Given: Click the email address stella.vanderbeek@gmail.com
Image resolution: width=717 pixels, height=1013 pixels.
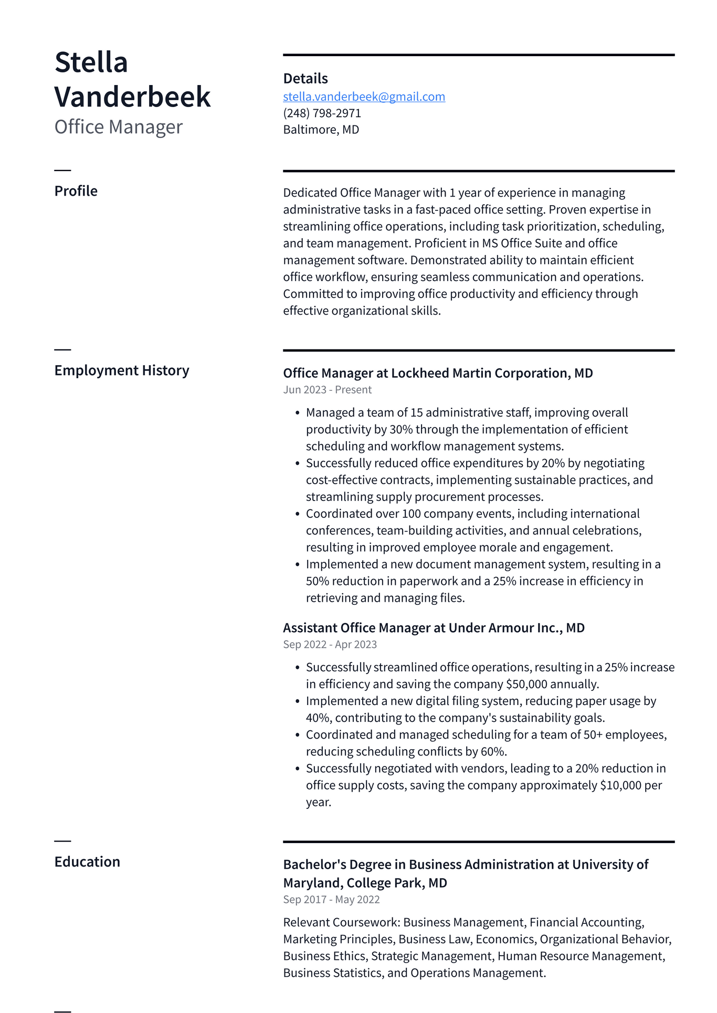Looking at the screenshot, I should pyautogui.click(x=364, y=97).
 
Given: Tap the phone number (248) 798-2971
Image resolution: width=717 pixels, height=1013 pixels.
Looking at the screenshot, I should pyautogui.click(x=322, y=113).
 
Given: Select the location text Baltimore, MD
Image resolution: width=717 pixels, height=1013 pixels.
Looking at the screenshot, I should pyautogui.click(x=321, y=130).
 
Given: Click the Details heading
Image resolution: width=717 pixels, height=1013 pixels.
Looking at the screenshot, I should pyautogui.click(x=305, y=79).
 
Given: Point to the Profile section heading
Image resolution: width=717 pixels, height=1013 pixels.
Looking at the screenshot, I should pyautogui.click(x=76, y=191).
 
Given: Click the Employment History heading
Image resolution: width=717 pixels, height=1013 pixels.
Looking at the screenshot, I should pyautogui.click(x=121, y=370).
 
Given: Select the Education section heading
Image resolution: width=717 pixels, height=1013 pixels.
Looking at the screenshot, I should pyautogui.click(x=87, y=862).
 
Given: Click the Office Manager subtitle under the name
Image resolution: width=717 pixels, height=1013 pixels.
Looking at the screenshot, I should pyautogui.click(x=118, y=127).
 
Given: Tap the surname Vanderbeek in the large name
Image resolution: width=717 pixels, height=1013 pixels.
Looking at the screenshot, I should pyautogui.click(x=132, y=97).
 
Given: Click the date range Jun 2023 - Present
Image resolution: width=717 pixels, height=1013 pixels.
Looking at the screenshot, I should pyautogui.click(x=327, y=390).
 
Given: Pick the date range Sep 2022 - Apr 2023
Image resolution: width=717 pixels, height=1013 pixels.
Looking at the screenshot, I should pyautogui.click(x=330, y=645).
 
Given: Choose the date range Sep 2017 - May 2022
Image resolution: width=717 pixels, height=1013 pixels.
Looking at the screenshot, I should pyautogui.click(x=331, y=900).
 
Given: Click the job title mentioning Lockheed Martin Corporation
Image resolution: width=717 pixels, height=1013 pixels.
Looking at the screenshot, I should pyautogui.click(x=438, y=373).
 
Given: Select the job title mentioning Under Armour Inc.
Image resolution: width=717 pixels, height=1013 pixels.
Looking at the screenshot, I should pyautogui.click(x=434, y=628).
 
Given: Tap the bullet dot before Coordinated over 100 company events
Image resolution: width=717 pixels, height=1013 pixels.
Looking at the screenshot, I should pyautogui.click(x=297, y=514).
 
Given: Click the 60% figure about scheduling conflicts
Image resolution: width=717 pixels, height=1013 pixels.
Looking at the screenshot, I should pyautogui.click(x=493, y=752).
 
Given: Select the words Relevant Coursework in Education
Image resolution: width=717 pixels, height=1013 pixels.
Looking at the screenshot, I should pyautogui.click(x=341, y=922).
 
